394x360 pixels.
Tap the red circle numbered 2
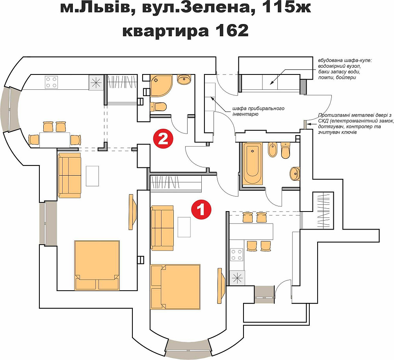pyautogui.click(x=163, y=139)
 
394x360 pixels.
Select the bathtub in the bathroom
pyautogui.click(x=252, y=164)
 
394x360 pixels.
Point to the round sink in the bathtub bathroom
pyautogui.click(x=294, y=173)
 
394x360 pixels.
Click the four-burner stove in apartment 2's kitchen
pyautogui.click(x=52, y=82)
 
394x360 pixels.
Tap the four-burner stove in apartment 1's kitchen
pyautogui.click(x=237, y=254)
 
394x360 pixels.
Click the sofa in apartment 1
pyautogui.click(x=162, y=228)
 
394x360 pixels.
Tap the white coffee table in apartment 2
pyautogui.click(x=93, y=176)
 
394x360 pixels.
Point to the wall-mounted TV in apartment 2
pyautogui.click(x=133, y=212)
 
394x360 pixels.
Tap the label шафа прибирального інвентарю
pyautogui.click(x=256, y=111)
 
